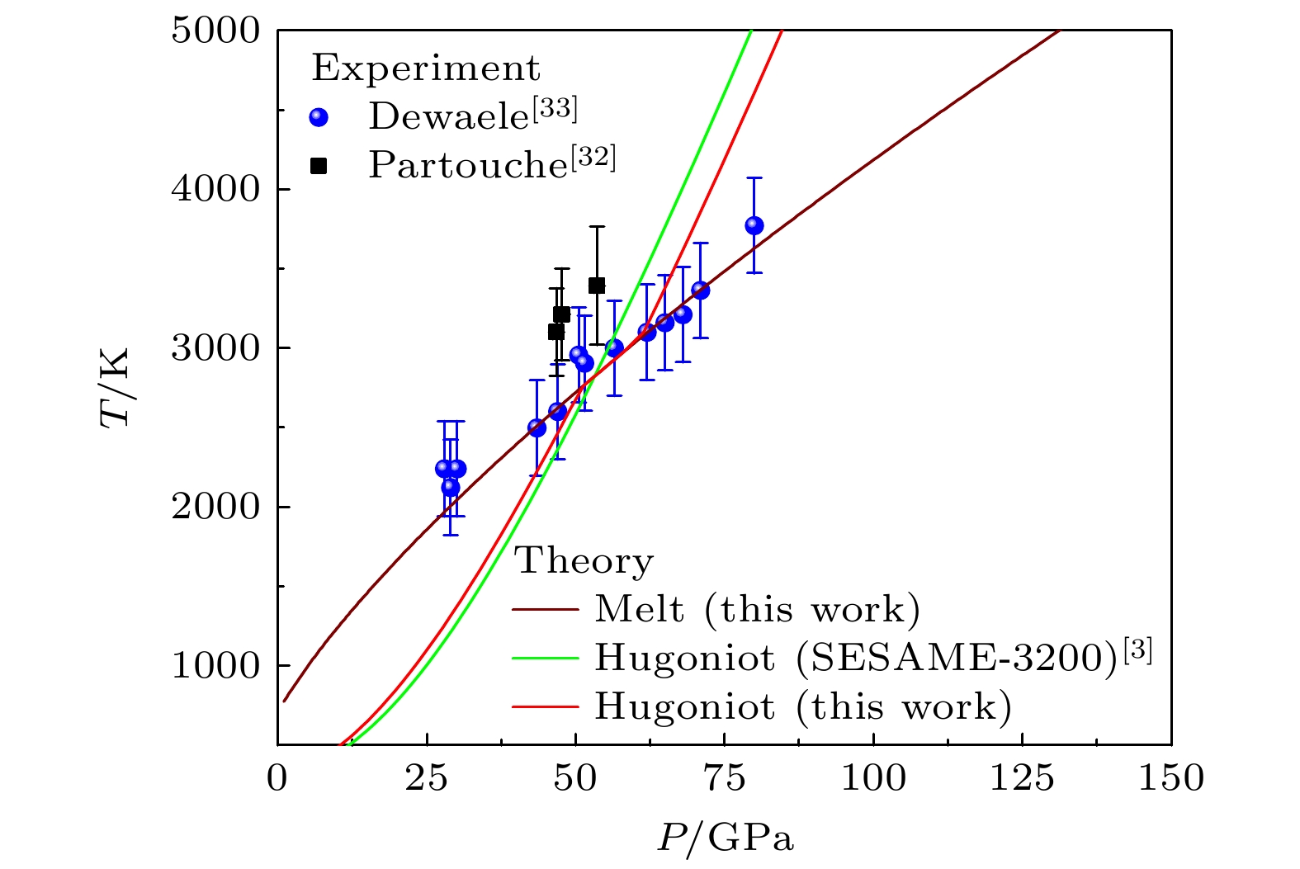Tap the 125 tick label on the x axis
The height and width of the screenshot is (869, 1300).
coord(1023,777)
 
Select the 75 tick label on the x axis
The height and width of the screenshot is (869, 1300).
coord(725,777)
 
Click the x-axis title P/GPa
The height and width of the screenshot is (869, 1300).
coord(726,838)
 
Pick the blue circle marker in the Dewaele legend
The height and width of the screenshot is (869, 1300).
coord(319,118)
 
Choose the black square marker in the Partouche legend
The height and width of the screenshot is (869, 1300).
coord(319,166)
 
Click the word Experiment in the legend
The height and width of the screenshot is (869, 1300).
coord(426,68)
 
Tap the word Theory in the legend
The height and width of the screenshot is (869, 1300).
coord(584,561)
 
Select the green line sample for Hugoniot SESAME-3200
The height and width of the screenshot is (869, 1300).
coord(545,658)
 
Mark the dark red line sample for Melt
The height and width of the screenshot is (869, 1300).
coord(545,610)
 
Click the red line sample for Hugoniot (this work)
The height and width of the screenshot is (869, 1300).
coord(545,706)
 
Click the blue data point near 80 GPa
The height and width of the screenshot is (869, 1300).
coord(754,225)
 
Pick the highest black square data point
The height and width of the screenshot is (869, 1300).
coord(597,286)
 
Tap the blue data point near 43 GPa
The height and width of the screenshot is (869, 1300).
coord(537,427)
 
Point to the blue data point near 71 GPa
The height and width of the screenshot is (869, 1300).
coord(700,290)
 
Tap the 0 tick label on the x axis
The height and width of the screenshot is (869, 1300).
coord(277,777)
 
